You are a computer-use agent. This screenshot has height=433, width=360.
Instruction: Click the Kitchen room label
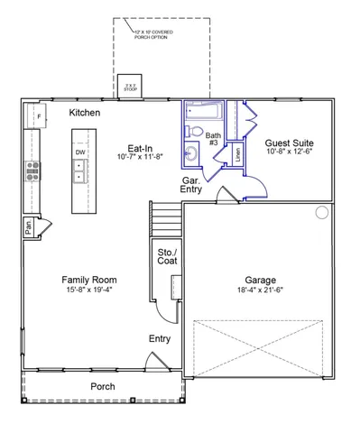point(85,113)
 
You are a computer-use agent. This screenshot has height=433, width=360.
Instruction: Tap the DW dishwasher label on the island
point(80,152)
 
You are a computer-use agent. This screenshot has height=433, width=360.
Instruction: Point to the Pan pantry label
point(29,229)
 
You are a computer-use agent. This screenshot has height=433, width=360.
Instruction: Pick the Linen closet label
point(236,153)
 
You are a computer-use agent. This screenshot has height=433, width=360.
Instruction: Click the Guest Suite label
point(289,142)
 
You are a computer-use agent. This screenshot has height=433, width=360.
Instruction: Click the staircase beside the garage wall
point(165,219)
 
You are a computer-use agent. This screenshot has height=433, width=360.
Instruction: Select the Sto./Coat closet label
point(167,255)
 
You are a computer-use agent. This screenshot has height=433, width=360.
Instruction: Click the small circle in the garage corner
point(320,214)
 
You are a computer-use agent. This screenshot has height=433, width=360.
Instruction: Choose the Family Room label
point(88,280)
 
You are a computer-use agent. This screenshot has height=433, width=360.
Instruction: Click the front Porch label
point(102,386)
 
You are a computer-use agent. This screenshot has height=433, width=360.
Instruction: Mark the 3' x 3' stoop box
point(132,88)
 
